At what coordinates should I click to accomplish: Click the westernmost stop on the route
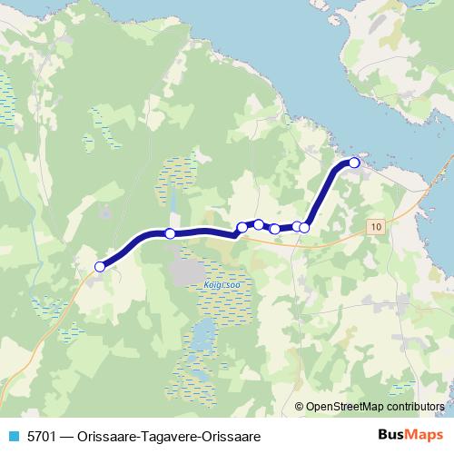pyautogui.click(x=100, y=266)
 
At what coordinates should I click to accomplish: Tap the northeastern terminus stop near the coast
pyautogui.click(x=354, y=163)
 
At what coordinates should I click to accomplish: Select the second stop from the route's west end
pyautogui.click(x=170, y=233)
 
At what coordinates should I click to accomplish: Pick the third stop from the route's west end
pyautogui.click(x=242, y=227)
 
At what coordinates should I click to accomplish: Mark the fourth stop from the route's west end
pyautogui.click(x=259, y=224)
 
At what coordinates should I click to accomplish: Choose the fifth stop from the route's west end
pyautogui.click(x=275, y=229)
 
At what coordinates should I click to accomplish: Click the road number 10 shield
pyautogui.click(x=377, y=224)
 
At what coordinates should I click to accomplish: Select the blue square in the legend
pyautogui.click(x=13, y=434)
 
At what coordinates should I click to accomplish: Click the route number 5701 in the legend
pyautogui.click(x=41, y=434)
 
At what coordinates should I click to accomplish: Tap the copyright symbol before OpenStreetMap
pyautogui.click(x=301, y=406)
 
